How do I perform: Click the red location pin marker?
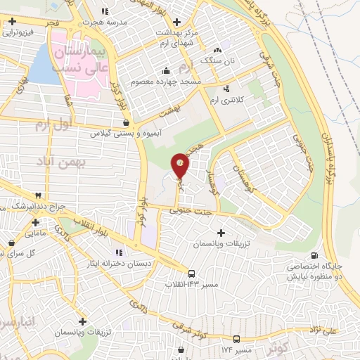click(x=181, y=165)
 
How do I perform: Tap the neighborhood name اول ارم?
click(x=53, y=125)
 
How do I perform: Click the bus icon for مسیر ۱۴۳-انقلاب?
click(x=192, y=273)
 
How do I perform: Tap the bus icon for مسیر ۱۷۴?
click(x=238, y=339)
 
